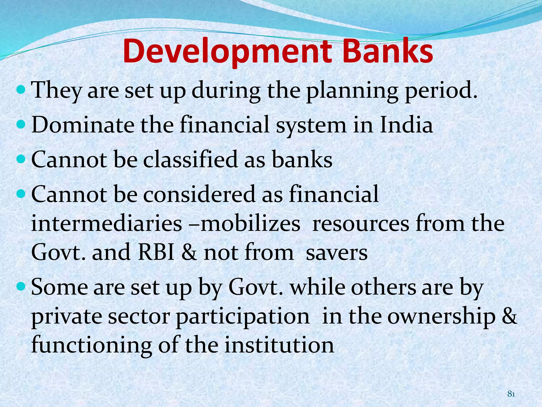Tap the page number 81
click(x=511, y=394)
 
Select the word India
click(x=406, y=125)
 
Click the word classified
click(x=190, y=160)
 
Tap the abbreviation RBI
click(x=156, y=252)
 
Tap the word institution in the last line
click(x=279, y=346)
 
